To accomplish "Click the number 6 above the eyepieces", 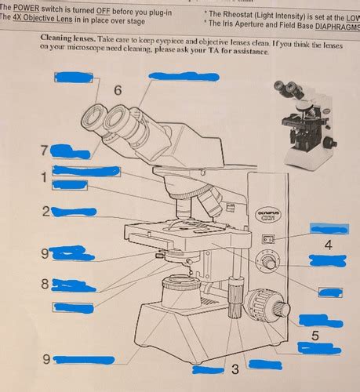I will [x=118, y=91].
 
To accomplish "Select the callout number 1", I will [x=44, y=178].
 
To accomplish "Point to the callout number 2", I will [x=46, y=211].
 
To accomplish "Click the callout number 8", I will [x=45, y=283].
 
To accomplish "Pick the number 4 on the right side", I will [x=328, y=245].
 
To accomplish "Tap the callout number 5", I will [x=315, y=336].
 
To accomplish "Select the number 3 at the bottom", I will [x=235, y=368].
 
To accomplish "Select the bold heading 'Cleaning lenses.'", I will [x=69, y=38].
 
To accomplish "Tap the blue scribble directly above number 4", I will [x=329, y=228].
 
